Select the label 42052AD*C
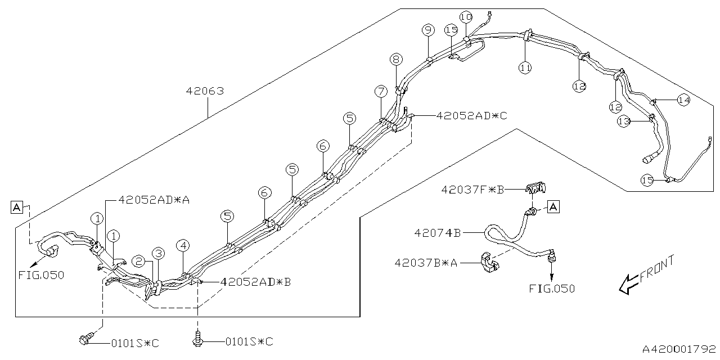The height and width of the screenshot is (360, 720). coord(471,116)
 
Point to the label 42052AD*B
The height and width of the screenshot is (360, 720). coord(256,282)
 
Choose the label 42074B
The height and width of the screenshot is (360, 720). coord(437,232)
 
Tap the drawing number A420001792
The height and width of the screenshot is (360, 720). coord(679,349)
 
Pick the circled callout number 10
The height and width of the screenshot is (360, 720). coord(466,16)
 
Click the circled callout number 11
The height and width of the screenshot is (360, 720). coord(525,68)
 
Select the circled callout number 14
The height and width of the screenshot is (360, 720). coord(683,100)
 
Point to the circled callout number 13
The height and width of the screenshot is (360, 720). coord(623,122)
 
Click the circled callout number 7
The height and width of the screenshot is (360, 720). coord(381,91)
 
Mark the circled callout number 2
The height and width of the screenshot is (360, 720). coord(139,260)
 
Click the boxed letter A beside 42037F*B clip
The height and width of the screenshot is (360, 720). coord(553,207)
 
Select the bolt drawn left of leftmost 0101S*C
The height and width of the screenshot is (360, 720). coord(85,340)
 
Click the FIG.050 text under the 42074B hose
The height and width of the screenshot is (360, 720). coord(552,289)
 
